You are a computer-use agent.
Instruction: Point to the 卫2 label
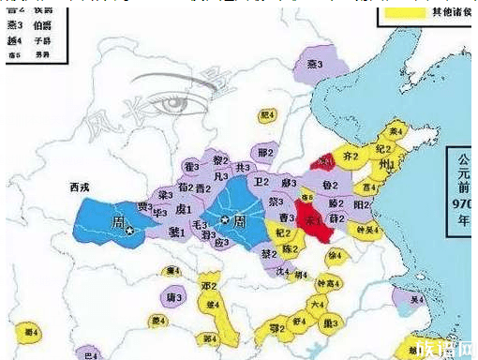pos(262,183)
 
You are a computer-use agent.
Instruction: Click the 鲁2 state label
pos(330,186)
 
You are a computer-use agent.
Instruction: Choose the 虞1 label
pos(184,209)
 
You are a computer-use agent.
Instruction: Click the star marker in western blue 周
pos(129,230)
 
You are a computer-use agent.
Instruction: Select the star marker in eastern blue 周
pos(225,218)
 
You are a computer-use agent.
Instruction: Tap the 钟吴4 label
pos(365,228)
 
